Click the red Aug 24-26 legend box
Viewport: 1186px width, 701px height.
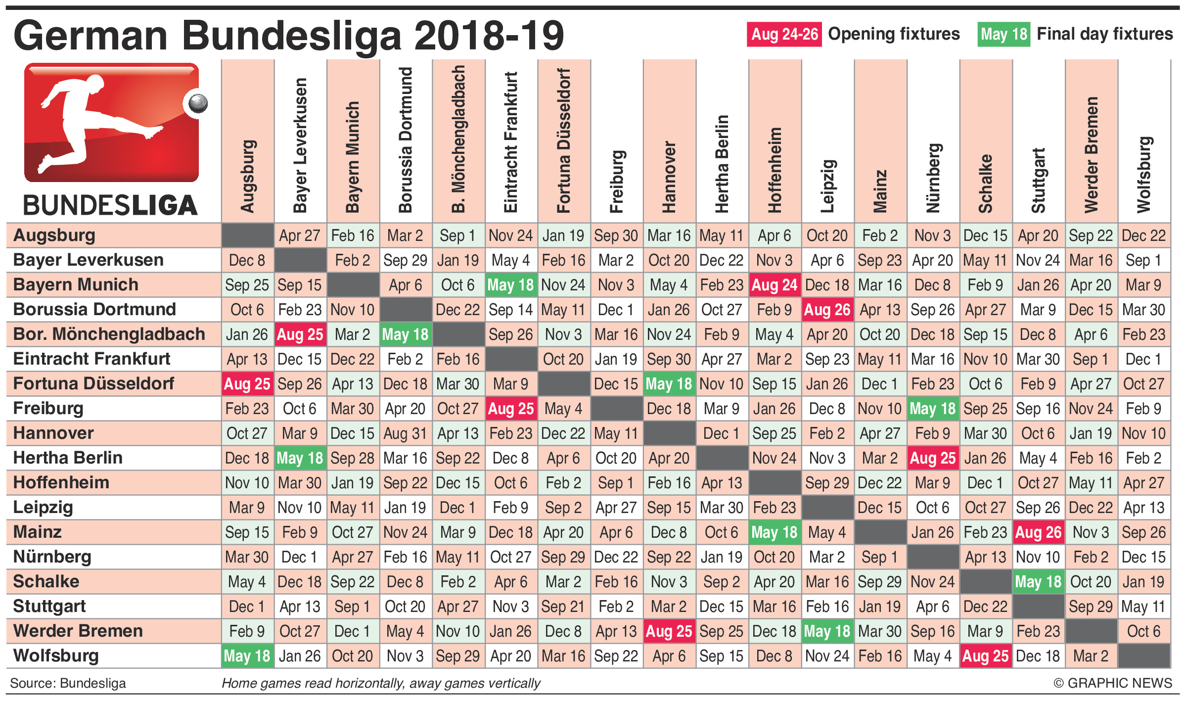(784, 34)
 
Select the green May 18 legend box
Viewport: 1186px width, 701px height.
(1004, 34)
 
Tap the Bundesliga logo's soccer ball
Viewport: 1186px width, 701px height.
(198, 103)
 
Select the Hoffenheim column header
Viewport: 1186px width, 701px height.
(775, 170)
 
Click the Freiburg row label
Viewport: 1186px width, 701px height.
(48, 409)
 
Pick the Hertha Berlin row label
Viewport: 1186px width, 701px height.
(68, 458)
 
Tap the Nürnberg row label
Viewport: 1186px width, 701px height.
(52, 557)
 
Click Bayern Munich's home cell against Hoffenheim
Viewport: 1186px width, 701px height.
(775, 285)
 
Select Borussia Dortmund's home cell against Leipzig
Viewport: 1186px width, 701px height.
(827, 310)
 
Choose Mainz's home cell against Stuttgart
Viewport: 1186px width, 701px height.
(1038, 532)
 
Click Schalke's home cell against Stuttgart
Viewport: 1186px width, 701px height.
(1038, 582)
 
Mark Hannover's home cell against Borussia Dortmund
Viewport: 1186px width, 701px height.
(406, 433)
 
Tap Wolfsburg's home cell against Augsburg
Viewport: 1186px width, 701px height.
(247, 656)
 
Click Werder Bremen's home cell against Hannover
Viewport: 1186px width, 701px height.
(669, 631)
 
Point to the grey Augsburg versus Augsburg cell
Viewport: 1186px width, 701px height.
(247, 235)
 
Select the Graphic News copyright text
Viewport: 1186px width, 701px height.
(1112, 683)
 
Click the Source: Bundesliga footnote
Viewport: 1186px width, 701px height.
(68, 683)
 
